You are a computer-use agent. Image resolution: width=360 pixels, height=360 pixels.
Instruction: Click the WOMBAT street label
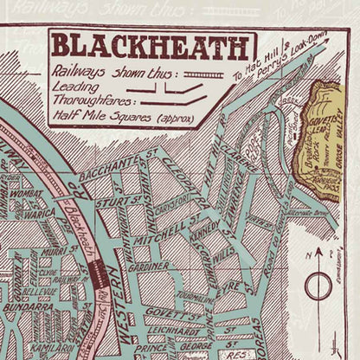(x=29, y=195)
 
